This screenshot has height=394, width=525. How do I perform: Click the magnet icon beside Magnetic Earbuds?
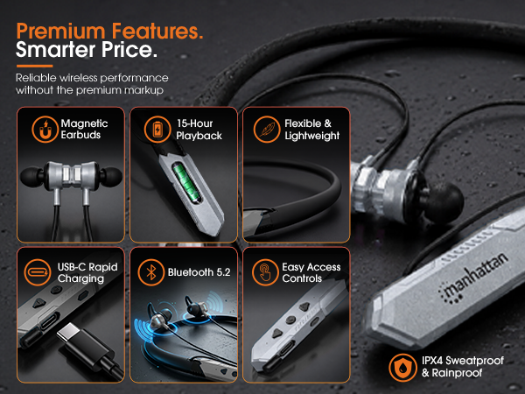pos(45,130)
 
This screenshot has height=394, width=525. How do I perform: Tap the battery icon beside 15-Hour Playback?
pos(157,130)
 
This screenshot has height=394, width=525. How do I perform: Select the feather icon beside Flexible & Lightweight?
pos(267,130)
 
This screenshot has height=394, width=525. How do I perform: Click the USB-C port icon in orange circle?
pos(38,272)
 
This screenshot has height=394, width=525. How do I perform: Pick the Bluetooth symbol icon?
pos(151,272)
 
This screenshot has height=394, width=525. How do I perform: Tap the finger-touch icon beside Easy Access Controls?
pos(265,272)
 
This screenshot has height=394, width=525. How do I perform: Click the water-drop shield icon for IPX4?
pos(402,367)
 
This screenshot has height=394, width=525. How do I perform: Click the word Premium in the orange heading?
pos(61,32)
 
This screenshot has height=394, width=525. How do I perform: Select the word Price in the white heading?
pos(129,50)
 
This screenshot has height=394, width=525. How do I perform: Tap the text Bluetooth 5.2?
pos(199,272)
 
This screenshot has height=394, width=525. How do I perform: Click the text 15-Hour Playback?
pos(199,130)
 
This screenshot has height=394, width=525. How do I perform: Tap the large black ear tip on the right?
pos(445,201)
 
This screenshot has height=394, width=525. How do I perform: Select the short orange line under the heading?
pos(34,66)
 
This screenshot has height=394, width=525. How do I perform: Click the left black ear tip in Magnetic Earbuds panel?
pos(31,177)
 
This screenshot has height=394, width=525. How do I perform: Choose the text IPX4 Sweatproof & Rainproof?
pos(462,367)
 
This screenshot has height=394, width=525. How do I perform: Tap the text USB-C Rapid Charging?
pos(87,272)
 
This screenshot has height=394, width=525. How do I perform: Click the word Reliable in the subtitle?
pos(36,78)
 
